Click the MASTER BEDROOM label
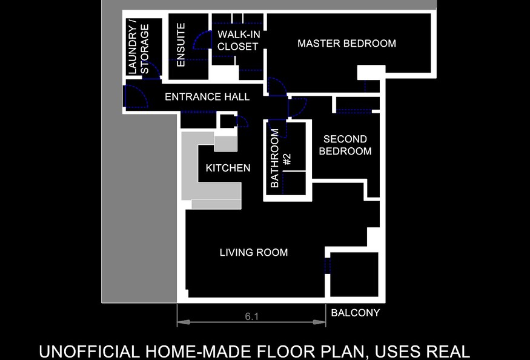pos(346,43)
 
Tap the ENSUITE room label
pos(181,45)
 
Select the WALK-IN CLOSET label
pos(239,40)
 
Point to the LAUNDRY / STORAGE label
pos(139,49)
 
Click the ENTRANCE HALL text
pos(207,97)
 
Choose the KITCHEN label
pos(228,168)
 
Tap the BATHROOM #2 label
pos(280,158)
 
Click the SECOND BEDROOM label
pos(345,145)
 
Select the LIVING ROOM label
pos(254,252)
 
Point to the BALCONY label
pos(355,313)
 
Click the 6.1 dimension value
pos(251,316)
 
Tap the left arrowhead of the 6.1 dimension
pos(183,322)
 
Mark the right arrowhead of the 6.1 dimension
pos(320,322)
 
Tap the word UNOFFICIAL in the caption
pos(89,352)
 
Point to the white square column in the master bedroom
pos(371,72)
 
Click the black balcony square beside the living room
pos(354,274)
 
